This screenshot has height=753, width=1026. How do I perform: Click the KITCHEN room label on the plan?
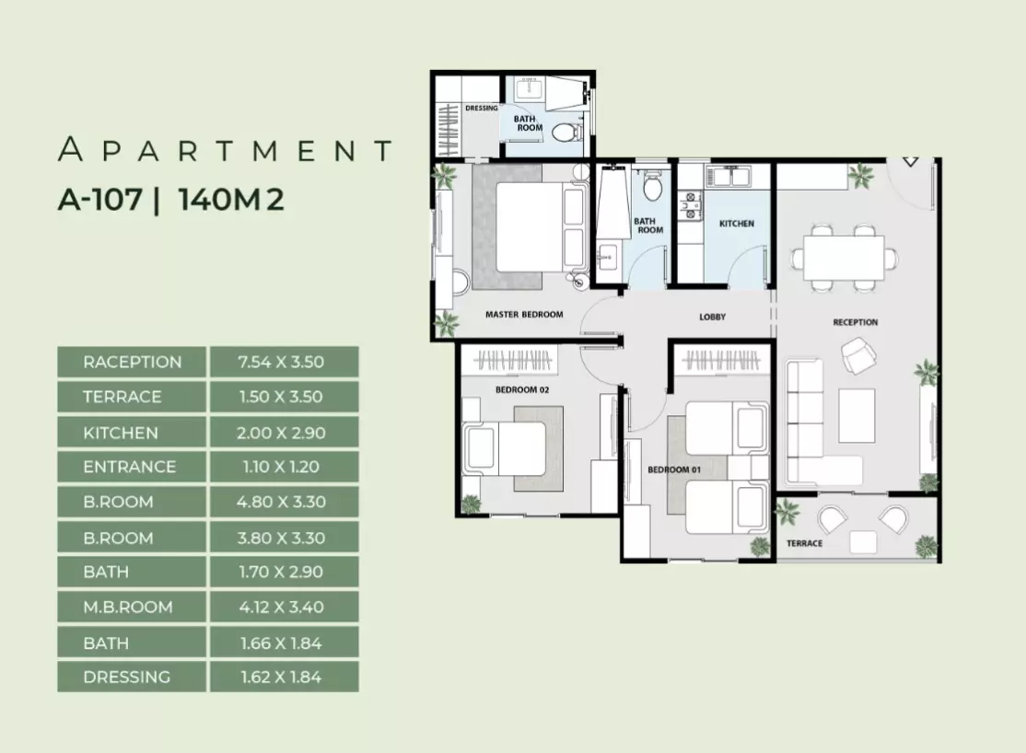click(736, 224)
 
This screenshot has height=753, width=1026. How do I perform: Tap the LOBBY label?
click(712, 317)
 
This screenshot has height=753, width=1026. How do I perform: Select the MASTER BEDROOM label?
click(524, 315)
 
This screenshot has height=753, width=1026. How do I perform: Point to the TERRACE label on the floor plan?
click(804, 543)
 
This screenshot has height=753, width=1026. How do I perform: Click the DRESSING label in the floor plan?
click(482, 108)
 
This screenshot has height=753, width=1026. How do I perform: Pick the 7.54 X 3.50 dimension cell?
click(281, 362)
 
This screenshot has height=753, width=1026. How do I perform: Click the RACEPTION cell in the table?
click(132, 362)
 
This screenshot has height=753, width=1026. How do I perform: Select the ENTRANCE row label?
click(130, 467)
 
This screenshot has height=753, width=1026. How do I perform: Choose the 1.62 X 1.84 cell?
click(281, 678)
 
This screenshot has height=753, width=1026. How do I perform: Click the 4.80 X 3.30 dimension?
click(281, 502)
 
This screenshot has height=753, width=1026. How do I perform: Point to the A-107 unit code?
click(100, 199)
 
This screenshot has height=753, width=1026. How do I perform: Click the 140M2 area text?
click(231, 199)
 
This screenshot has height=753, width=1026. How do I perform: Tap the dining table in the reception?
click(844, 258)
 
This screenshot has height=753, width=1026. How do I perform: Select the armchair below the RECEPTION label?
click(858, 355)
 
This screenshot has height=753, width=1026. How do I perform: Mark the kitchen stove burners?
click(690, 204)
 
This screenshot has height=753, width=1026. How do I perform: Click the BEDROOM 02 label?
click(521, 390)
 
